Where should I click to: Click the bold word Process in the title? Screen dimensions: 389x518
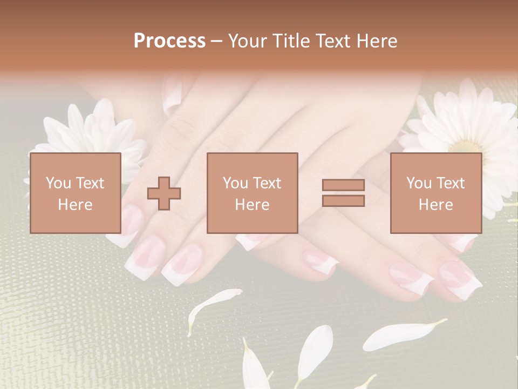tap(169, 41)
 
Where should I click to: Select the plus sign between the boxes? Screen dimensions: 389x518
tap(164, 193)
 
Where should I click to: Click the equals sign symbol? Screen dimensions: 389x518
tap(343, 193)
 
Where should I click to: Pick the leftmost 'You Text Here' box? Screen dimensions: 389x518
tap(76, 193)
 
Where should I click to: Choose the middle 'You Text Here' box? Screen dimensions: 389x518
tap(252, 193)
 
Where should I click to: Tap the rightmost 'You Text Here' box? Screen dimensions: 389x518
tap(435, 193)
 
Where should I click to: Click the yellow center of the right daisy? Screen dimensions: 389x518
tap(467, 146)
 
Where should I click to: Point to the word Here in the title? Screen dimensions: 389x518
tap(376, 41)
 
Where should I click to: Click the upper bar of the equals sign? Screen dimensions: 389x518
tap(343, 185)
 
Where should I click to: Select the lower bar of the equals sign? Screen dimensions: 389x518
tap(343, 201)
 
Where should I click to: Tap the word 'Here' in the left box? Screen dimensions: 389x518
tap(76, 205)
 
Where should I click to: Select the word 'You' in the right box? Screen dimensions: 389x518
tap(419, 183)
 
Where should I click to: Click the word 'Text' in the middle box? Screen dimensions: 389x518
tap(267, 183)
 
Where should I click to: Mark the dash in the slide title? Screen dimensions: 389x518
tap(217, 42)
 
